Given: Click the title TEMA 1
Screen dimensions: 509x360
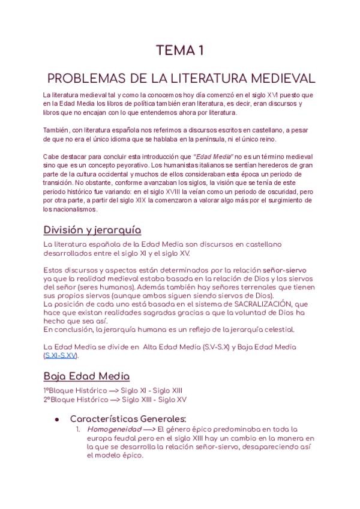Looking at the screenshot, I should [x=180, y=51].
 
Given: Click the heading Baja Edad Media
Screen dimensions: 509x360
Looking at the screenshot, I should [x=86, y=376].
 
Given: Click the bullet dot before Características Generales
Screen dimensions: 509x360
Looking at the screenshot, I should [x=56, y=418].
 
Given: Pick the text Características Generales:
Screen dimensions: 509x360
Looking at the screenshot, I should [x=128, y=418].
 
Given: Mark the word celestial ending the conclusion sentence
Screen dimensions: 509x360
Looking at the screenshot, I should [x=276, y=330].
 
